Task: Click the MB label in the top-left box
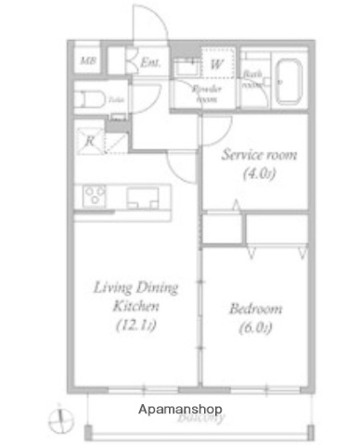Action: click(x=86, y=62)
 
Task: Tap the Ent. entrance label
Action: click(x=150, y=63)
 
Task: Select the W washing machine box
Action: click(x=216, y=64)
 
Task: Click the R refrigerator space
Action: click(x=90, y=142)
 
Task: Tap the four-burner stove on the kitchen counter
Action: click(x=96, y=196)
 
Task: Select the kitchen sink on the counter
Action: click(x=143, y=197)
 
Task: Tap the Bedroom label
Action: click(x=256, y=309)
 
